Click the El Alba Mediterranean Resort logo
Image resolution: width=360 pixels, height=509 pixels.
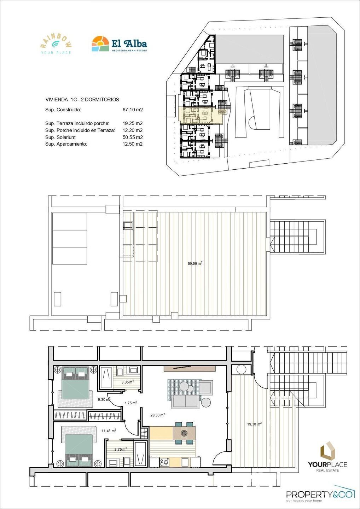[x=119, y=44]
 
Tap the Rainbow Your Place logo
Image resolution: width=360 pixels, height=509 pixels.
[x=56, y=44]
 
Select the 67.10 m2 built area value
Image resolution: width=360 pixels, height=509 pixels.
[x=132, y=110]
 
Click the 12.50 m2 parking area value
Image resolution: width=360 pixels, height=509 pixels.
[x=132, y=144]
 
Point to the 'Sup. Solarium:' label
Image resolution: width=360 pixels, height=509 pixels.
[x=60, y=138]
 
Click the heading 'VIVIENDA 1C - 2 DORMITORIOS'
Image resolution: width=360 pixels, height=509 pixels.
[x=82, y=100]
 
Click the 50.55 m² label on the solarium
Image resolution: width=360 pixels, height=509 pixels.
[x=195, y=263]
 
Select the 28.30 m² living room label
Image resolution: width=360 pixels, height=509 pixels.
[x=158, y=415]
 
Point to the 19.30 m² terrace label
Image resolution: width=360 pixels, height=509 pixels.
[x=254, y=424]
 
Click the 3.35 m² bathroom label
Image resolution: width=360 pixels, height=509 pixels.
[x=127, y=382]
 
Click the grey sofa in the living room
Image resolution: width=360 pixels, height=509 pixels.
[x=185, y=401]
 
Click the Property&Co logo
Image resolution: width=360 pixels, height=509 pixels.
[x=320, y=494]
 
